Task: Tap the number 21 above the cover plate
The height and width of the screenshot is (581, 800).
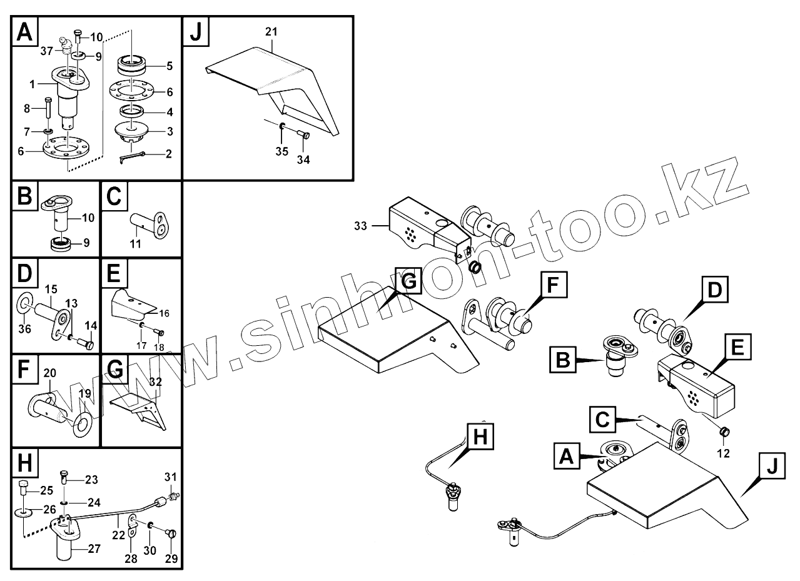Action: click(x=272, y=31)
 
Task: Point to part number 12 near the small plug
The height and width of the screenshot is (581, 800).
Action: click(x=722, y=453)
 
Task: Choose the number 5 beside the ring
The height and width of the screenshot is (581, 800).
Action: click(x=170, y=66)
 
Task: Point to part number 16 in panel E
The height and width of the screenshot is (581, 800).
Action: click(x=164, y=313)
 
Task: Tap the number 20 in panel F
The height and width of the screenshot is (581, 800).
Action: click(x=50, y=373)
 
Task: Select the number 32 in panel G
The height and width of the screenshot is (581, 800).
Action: click(x=156, y=381)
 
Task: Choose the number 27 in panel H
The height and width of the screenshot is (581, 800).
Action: click(x=94, y=549)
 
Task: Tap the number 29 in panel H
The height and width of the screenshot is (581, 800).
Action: click(x=171, y=558)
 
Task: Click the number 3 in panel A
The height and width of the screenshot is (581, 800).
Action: click(x=170, y=132)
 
